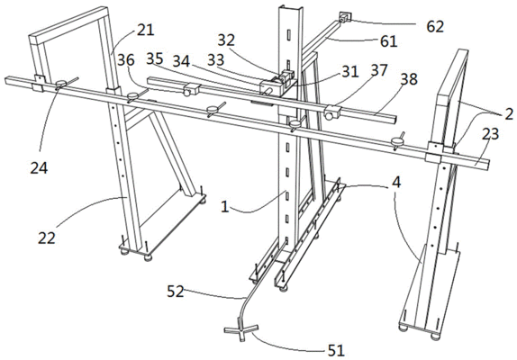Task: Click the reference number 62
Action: point(435,27)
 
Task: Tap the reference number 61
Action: point(389,41)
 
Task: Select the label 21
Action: point(145,30)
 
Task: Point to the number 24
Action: point(40,168)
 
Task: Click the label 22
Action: point(47,238)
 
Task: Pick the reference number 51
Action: point(336,351)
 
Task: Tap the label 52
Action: point(175,292)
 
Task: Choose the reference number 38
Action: point(409,79)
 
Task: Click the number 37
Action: point(378,70)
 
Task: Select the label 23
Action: point(490,134)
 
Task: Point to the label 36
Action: point(126,60)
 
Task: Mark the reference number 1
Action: point(224,207)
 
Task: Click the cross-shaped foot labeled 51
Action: point(240,329)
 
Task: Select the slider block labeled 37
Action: point(331,112)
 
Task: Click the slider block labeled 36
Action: point(191,89)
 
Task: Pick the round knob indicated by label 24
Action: point(60,84)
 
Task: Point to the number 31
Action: point(349,71)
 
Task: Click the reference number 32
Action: point(226,40)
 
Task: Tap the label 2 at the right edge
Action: point(509,114)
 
